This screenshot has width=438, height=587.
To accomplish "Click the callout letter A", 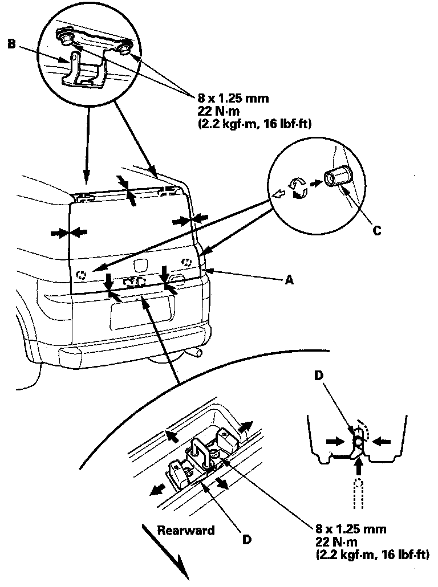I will [x=290, y=280].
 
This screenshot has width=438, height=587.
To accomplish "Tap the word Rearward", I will [x=186, y=531].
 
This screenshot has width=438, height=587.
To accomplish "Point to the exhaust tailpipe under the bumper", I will [x=195, y=354].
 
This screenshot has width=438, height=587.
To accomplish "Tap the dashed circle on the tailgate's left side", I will [x=82, y=275].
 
